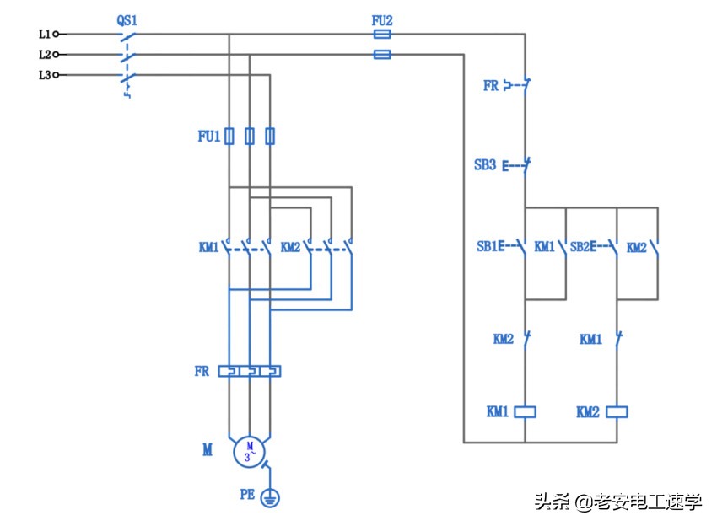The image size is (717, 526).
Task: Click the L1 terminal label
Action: click(x=44, y=35)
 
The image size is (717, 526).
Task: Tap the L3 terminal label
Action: click(x=44, y=75)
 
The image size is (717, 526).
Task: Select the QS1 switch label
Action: click(x=127, y=19)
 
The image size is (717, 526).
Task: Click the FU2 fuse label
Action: click(x=381, y=19)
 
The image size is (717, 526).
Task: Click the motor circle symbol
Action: click(x=250, y=450)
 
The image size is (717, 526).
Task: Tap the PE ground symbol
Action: click(x=270, y=497)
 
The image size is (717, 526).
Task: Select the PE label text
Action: click(x=246, y=496)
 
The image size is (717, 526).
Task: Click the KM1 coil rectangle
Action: click(x=526, y=412)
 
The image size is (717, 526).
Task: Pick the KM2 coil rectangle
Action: click(x=617, y=412)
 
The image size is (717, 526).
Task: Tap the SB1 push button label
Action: click(x=487, y=247)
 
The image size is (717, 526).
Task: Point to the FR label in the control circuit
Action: click(x=490, y=86)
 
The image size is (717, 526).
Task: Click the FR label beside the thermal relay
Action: click(x=202, y=371)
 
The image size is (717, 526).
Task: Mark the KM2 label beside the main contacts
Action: click(x=290, y=248)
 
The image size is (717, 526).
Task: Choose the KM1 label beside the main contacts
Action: click(x=208, y=248)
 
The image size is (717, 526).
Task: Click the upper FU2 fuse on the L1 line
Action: click(x=381, y=35)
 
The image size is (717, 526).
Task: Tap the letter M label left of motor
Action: click(x=207, y=451)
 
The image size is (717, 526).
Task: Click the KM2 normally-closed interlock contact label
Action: click(x=503, y=340)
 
